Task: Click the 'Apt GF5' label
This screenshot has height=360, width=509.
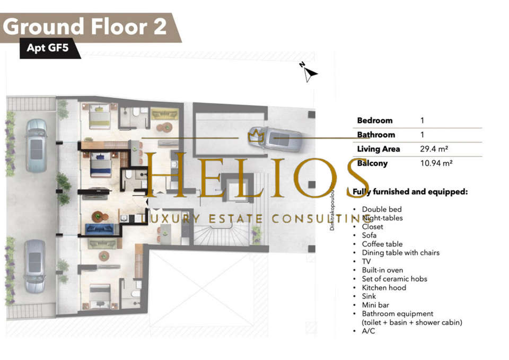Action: click(x=47, y=48)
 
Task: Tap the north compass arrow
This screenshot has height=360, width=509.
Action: click(x=309, y=73)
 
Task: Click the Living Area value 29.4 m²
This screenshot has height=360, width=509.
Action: click(x=434, y=149)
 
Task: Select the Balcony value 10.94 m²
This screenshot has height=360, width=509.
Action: click(x=436, y=163)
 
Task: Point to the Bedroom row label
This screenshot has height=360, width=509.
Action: click(x=375, y=120)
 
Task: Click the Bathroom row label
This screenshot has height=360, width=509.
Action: click(x=376, y=135)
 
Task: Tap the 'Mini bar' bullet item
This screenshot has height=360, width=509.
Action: click(x=375, y=305)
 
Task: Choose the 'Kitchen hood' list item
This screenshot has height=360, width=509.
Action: click(x=384, y=287)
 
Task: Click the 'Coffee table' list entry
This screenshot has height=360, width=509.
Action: click(x=382, y=244)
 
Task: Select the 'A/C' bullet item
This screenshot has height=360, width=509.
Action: click(x=368, y=331)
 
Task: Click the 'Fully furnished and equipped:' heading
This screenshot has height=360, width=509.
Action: click(x=410, y=192)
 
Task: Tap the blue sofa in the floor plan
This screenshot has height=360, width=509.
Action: click(x=99, y=229)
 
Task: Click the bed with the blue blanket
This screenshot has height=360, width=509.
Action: click(x=101, y=165)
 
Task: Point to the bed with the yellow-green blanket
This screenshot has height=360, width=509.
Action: click(x=100, y=116)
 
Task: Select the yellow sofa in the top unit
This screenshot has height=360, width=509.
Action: click(x=164, y=113)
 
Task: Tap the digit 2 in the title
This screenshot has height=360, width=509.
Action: click(x=160, y=27)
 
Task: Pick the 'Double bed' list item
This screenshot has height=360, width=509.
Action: click(x=382, y=209)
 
